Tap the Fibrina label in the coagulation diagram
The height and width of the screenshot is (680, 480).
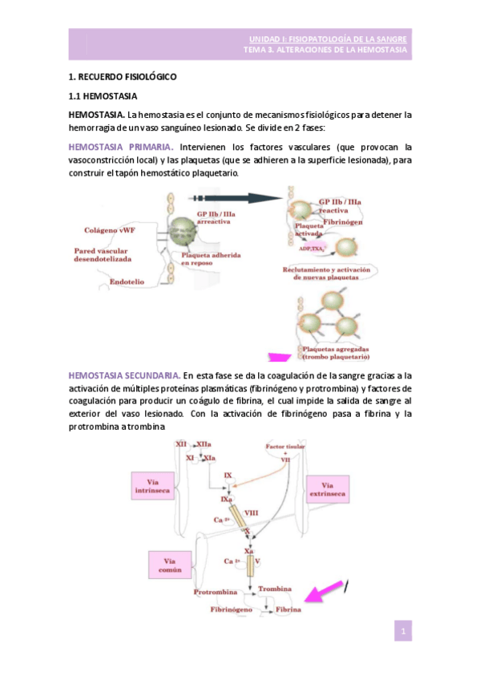tap(289, 610)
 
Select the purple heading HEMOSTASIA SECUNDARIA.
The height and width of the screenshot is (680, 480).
tap(124, 374)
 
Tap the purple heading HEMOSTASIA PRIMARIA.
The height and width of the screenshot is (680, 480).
tap(121, 148)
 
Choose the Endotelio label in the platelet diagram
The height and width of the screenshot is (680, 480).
tap(126, 281)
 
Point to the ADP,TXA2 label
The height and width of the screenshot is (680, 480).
tap(309, 248)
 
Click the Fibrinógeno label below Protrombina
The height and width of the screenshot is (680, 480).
tap(232, 610)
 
